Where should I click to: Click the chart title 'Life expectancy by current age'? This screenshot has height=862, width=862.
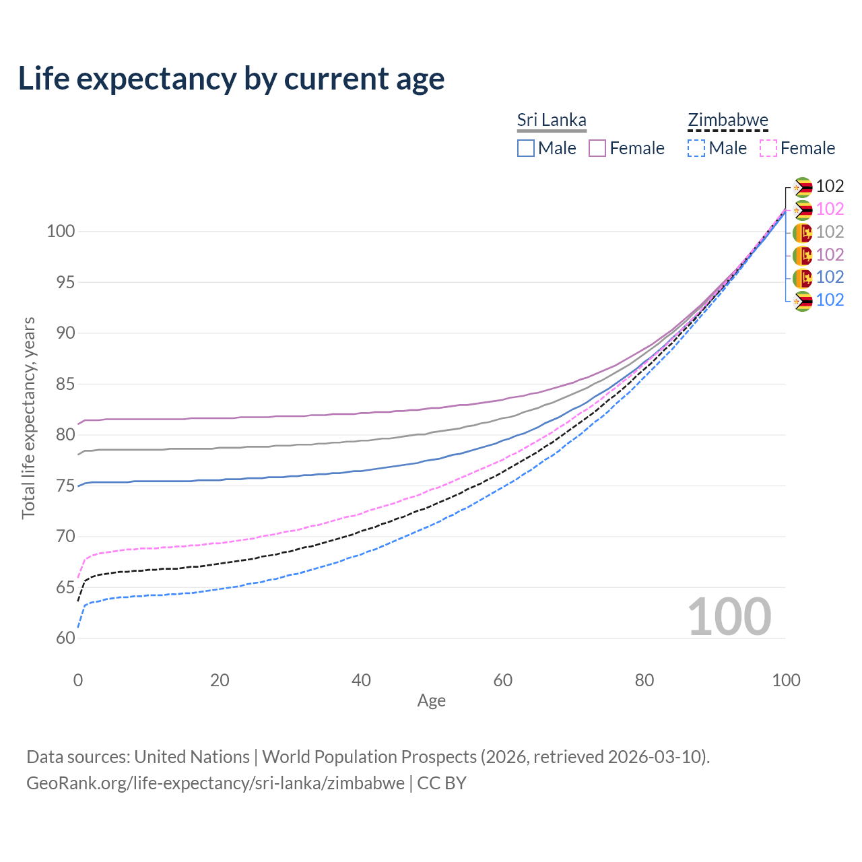[231, 79]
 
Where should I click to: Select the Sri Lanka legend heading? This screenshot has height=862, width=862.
[552, 120]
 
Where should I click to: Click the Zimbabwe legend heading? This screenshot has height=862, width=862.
[728, 120]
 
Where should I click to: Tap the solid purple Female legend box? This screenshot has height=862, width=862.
[597, 148]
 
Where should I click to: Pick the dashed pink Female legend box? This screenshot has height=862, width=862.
[768, 148]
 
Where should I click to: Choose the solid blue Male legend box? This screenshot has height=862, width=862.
[526, 148]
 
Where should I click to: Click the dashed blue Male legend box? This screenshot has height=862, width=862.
[696, 148]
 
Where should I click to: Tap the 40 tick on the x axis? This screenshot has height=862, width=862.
[361, 680]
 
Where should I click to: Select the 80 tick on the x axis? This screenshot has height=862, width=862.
[644, 680]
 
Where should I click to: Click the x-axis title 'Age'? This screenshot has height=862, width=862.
[431, 700]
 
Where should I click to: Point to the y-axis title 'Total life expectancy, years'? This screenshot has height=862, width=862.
[28, 418]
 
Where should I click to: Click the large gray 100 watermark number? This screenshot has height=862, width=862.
[729, 616]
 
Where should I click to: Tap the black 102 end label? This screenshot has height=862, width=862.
[830, 187]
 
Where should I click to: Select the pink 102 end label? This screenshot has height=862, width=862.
[830, 209]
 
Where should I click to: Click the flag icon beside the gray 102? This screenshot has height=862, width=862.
[803, 232]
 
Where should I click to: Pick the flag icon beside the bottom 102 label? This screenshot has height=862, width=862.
[803, 300]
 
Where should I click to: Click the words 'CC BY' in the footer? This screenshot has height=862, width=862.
[442, 783]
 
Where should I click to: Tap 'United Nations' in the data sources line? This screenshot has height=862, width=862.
[192, 757]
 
